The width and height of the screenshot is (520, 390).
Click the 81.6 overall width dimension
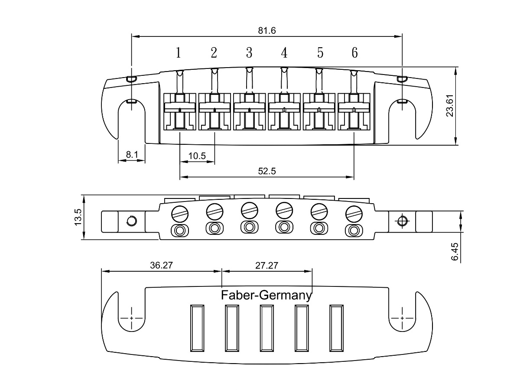pyautogui.click(x=267, y=31)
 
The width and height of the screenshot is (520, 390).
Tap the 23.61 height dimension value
pyautogui.click(x=450, y=106)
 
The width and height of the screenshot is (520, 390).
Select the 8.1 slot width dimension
pyautogui.click(x=132, y=155)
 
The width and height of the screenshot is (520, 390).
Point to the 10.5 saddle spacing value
pyautogui.click(x=197, y=156)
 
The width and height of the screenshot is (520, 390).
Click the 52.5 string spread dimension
pyautogui.click(x=267, y=171)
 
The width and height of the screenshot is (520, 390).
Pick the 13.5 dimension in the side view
pyautogui.click(x=78, y=217)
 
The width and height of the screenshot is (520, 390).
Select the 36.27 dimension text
pyautogui.click(x=161, y=265)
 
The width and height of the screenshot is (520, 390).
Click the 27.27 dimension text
pyautogui.click(x=266, y=266)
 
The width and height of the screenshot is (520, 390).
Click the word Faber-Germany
pyautogui.click(x=266, y=296)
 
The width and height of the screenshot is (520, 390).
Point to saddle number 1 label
pyautogui.click(x=179, y=52)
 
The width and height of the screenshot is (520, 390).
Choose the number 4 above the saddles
pyautogui.click(x=284, y=52)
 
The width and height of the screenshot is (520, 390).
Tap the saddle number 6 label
pyautogui.click(x=354, y=52)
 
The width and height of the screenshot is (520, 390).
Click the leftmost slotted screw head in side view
pyautogui.click(x=180, y=214)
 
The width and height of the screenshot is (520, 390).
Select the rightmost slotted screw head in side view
pyautogui.click(x=354, y=214)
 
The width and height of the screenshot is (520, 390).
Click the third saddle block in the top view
pyautogui.click(x=249, y=111)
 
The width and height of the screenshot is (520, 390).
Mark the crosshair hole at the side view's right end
pyautogui.click(x=402, y=221)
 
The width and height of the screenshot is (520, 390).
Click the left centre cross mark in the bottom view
pyautogui.click(x=131, y=318)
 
